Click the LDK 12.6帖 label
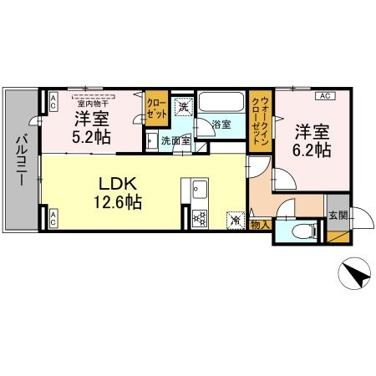(x=111, y=191)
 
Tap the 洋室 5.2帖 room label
(x=89, y=126)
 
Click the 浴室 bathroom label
(x=221, y=124)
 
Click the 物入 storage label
(x=259, y=224)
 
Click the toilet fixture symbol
(x=300, y=231)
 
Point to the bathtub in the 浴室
(x=221, y=105)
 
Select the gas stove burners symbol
(x=199, y=220)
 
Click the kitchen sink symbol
(x=199, y=191)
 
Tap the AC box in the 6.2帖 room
(x=326, y=96)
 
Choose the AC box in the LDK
(x=53, y=219)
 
